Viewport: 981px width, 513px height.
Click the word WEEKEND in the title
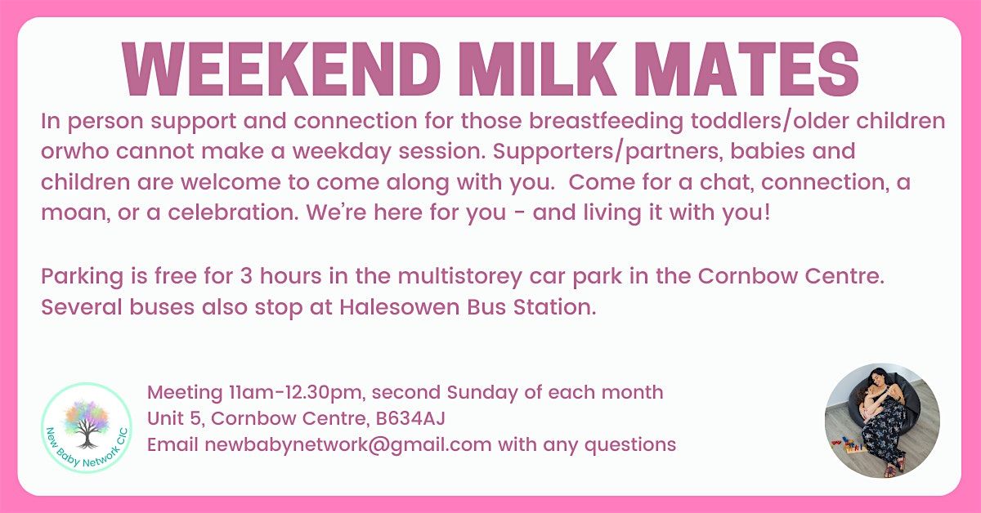pyautogui.click(x=281, y=69)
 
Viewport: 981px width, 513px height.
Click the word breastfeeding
pyautogui.click(x=606, y=121)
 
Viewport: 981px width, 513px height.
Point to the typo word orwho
pyautogui.click(x=74, y=151)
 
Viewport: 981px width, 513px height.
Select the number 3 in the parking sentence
pyautogui.click(x=246, y=276)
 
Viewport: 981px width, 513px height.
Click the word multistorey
pyautogui.click(x=459, y=277)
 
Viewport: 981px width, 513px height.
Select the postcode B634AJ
pyautogui.click(x=410, y=418)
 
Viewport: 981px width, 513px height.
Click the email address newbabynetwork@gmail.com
pyautogui.click(x=347, y=445)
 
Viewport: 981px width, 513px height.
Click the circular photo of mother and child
pyautogui.click(x=882, y=420)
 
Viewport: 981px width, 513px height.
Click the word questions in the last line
pyautogui.click(x=630, y=445)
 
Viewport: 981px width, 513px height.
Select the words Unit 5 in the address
pyautogui.click(x=174, y=418)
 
